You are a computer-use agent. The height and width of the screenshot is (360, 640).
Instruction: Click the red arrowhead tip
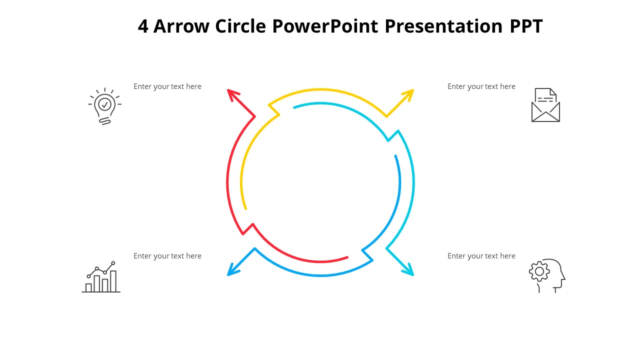click(228, 90)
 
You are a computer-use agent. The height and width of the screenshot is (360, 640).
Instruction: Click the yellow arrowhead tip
click(412, 90)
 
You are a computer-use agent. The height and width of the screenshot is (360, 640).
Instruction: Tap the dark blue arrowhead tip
click(228, 274)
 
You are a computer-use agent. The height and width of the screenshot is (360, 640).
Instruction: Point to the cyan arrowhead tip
click(412, 274)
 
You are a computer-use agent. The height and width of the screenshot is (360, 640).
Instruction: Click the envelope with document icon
click(545, 105)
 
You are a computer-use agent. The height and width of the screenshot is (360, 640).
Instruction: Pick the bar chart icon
click(101, 277)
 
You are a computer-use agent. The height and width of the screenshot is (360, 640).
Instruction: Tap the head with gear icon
click(547, 275)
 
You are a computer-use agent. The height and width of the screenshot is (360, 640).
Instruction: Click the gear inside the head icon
click(539, 271)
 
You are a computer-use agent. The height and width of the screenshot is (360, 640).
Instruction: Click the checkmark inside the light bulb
click(104, 104)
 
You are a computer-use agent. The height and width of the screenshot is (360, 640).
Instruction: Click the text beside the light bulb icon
click(167, 86)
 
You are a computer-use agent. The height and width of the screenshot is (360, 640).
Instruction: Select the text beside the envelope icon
click(481, 86)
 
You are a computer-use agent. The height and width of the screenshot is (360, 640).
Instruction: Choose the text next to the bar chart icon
click(167, 256)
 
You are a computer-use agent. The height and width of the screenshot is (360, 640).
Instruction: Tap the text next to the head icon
click(481, 256)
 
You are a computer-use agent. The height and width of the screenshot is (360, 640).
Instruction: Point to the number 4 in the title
click(143, 26)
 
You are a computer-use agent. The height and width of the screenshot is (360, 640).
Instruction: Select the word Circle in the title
click(241, 26)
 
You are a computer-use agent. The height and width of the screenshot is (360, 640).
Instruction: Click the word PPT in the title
click(526, 26)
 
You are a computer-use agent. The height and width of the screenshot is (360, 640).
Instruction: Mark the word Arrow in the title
click(181, 26)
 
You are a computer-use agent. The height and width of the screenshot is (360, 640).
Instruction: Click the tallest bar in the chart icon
click(113, 281)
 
